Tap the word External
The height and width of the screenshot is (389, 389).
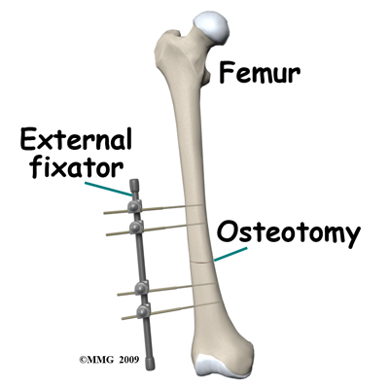point(76,139)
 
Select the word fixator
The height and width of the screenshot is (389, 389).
point(78,167)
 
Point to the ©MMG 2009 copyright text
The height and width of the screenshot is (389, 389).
point(109,360)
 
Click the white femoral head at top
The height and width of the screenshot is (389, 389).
point(211,27)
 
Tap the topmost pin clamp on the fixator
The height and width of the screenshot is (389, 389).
point(134,206)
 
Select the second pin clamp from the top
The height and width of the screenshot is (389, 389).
point(136,227)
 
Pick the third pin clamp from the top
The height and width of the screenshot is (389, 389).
point(142,288)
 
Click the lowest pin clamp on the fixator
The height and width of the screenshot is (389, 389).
point(144,310)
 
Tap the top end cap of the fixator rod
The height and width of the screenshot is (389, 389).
point(133,187)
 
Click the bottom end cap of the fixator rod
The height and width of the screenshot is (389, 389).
point(150,363)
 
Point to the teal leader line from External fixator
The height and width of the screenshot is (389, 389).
point(108,189)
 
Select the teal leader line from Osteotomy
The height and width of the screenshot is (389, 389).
point(230,255)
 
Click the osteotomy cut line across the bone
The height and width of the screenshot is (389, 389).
point(202,262)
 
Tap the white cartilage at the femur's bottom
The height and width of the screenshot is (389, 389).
point(224,367)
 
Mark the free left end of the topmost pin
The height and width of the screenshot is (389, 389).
point(105,213)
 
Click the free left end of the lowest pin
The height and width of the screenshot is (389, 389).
point(124,318)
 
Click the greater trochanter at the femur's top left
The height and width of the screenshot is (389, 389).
point(167,46)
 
